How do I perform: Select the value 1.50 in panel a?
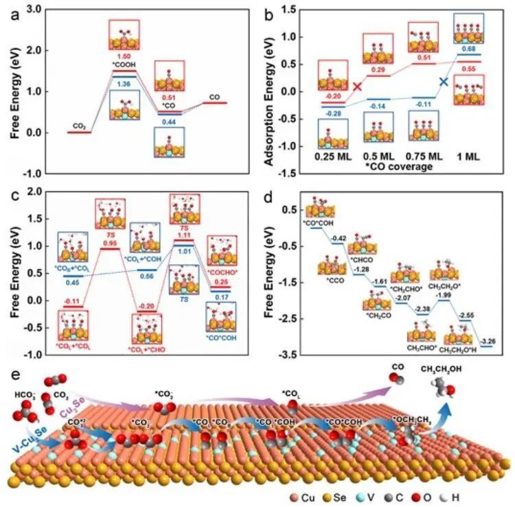124,54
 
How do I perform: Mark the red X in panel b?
358,86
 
